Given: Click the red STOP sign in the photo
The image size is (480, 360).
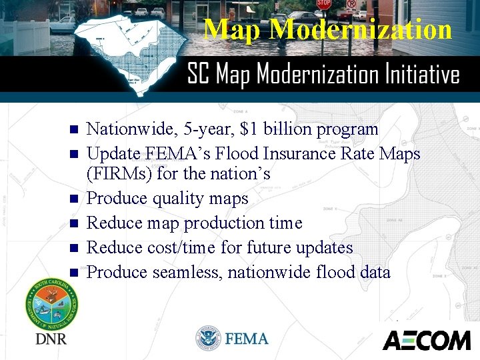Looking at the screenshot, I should coord(323,4).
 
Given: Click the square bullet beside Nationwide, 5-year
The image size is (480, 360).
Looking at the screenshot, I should coord(74,129).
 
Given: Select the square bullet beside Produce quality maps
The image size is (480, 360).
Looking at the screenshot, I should coord(74,199).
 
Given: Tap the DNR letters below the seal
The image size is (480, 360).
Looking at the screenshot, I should coord(51,339).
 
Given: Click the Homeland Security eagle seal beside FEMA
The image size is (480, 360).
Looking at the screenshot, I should coord(208,339).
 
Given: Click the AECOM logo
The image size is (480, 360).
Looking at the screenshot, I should coord(426,340).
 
